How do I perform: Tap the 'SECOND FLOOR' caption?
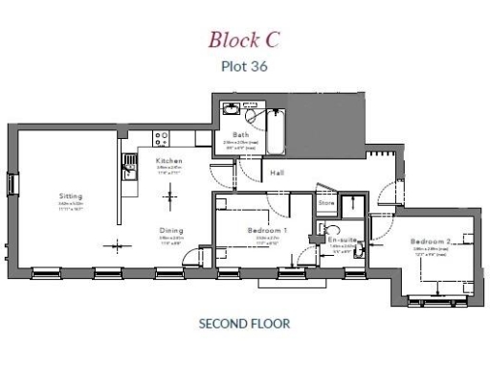(x=244, y=324)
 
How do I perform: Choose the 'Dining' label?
(x=171, y=230)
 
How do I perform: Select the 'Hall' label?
(x=277, y=173)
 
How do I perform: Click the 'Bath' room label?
(x=240, y=135)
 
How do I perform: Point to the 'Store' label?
(x=326, y=203)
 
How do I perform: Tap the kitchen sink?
(x=129, y=172)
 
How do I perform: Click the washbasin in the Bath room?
(x=231, y=110)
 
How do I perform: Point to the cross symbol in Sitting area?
(x=119, y=241)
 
